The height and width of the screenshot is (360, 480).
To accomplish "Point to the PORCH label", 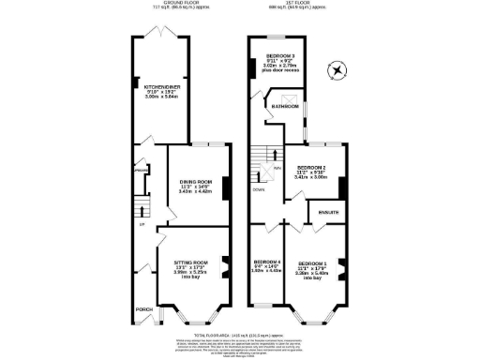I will [x=144, y=308].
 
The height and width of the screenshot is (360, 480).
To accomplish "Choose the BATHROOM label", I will [x=285, y=107].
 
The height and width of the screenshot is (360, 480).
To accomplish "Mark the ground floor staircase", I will [x=142, y=205].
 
